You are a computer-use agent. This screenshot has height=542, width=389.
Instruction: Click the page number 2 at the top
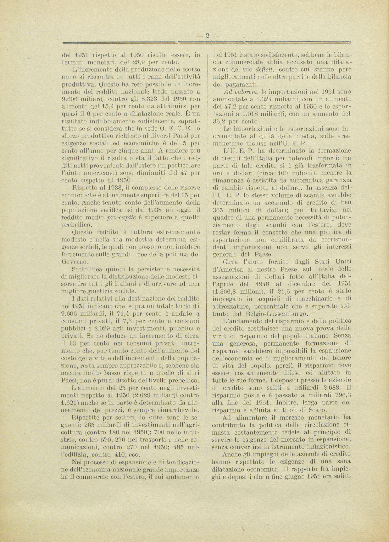coord(208,36)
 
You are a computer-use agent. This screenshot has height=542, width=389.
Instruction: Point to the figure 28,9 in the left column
coord(133,61)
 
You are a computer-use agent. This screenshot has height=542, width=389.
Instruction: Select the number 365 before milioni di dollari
coord(218,210)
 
